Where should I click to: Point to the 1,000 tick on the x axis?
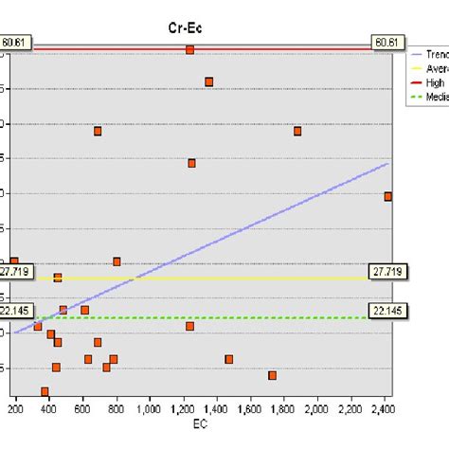tap(150, 409)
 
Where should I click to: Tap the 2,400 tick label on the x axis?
tap(384, 409)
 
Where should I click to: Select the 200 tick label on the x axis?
tap(16, 409)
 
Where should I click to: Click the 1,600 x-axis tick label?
tap(250, 409)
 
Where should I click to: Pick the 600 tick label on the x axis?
tap(83, 409)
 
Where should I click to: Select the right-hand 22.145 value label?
tap(386, 311)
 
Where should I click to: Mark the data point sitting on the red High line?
tap(190, 49)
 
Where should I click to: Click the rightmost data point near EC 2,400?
tap(388, 196)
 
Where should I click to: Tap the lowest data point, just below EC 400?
tap(45, 391)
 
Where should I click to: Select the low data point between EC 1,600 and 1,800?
tap(273, 375)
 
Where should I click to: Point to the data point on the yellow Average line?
tap(58, 278)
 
